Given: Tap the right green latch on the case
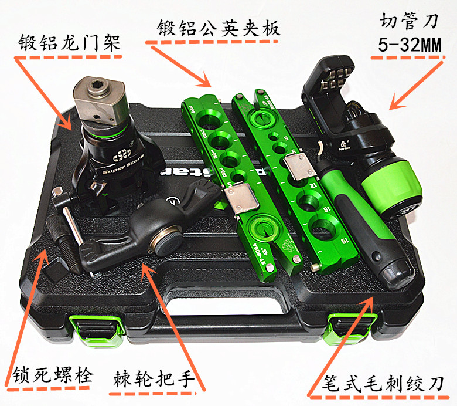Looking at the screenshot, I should click(x=346, y=326).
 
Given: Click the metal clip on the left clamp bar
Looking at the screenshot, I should click(x=240, y=201).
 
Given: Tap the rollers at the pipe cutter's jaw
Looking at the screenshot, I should click(x=334, y=76).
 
